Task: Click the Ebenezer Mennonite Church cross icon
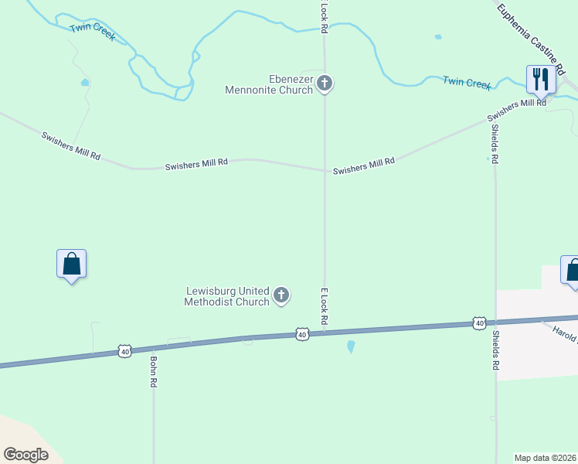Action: coord(325,83)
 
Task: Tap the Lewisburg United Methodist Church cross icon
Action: coord(282,295)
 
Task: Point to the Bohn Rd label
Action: coord(154,372)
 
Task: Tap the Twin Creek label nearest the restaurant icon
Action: coord(467,82)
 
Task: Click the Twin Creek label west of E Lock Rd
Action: coord(92,32)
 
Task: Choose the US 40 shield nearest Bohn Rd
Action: coord(124,351)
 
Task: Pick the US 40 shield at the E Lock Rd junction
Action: coord(301,334)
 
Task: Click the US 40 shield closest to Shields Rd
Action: coord(480,322)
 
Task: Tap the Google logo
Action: coord(25,455)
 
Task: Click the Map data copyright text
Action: coord(546,458)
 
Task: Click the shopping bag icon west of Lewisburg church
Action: coord(71,264)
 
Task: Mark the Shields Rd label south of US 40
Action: coord(495,350)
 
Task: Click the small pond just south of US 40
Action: coord(352,346)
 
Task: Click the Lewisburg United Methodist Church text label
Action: coord(227,295)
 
